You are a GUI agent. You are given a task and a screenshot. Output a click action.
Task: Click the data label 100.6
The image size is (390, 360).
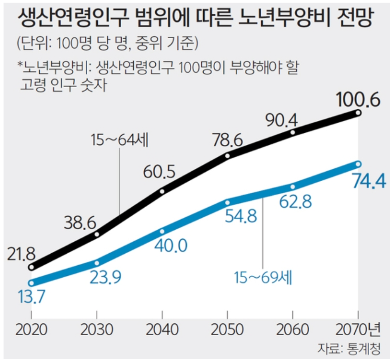coord(358,100)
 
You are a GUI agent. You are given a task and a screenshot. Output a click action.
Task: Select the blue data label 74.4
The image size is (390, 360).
coord(368,181)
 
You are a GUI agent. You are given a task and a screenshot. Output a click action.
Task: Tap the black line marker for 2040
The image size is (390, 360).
coord(162,191)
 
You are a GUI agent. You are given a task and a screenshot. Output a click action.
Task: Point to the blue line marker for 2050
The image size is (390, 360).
coord(228,202)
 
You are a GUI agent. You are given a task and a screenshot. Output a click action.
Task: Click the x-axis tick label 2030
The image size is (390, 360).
coord(97,330)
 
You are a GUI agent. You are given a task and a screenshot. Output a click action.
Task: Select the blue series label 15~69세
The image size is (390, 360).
coord(264,279)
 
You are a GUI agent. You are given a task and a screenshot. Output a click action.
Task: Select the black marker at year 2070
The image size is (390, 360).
coord(358,113)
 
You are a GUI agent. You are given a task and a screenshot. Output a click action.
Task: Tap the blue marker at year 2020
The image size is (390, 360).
coord(31,283)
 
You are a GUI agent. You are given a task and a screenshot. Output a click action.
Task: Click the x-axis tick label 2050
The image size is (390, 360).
coord(227,330)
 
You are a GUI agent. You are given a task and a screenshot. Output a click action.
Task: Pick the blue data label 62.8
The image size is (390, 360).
coord(295,201)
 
